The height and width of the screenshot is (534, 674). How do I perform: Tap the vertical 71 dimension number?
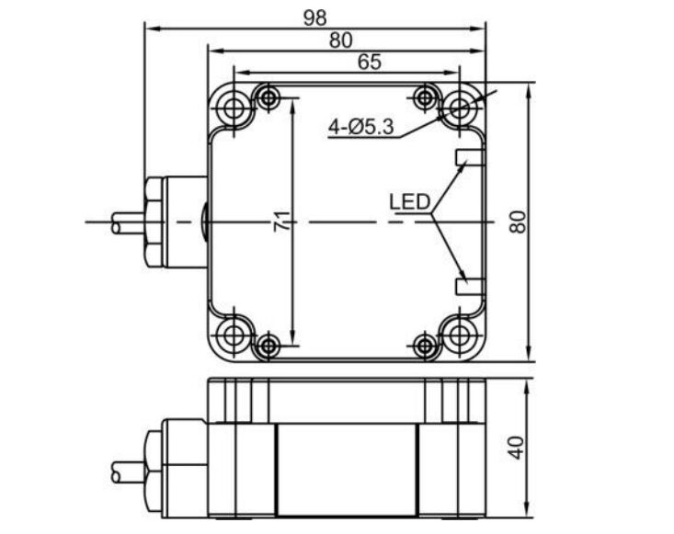tap(282, 222)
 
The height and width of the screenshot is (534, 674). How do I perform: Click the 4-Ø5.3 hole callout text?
tap(361, 129)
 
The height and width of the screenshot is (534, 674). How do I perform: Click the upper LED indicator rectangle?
tap(468, 157)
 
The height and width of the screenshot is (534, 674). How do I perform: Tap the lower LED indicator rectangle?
tap(468, 286)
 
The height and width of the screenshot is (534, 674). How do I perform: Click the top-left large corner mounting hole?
tap(234, 108)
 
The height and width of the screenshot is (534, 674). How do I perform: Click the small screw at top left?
tap(268, 97)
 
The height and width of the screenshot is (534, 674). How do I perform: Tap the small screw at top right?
tap(425, 97)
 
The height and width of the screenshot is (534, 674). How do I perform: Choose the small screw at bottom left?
tap(268, 345)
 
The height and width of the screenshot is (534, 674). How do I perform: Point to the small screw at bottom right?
tap(425, 345)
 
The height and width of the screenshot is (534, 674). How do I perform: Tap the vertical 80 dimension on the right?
tap(518, 222)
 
